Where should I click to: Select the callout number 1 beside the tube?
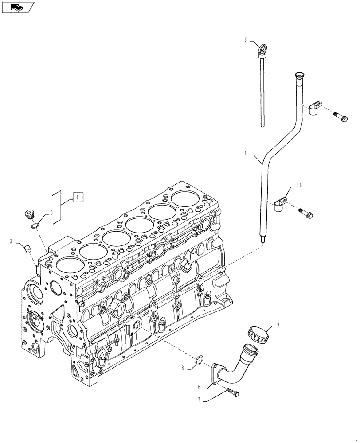click(245, 154)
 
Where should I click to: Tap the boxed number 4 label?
click(77, 198)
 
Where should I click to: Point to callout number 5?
click(51, 212)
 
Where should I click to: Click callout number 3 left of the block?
click(10, 241)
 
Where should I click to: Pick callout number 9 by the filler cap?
click(278, 324)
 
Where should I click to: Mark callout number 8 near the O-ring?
click(183, 367)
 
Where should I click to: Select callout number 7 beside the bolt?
click(200, 399)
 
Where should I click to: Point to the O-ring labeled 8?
click(199, 360)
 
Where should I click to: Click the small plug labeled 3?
click(28, 248)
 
